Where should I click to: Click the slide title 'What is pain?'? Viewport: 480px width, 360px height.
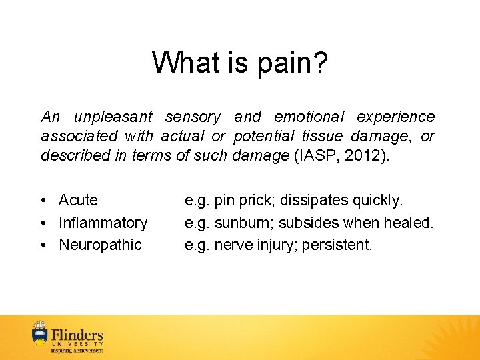tap(240, 63)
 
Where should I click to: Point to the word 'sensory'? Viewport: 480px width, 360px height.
tap(193, 117)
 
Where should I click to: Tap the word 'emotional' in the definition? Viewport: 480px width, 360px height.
tap(309, 117)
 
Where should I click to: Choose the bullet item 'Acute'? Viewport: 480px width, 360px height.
tap(78, 201)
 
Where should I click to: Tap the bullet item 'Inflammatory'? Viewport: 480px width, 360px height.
tap(103, 223)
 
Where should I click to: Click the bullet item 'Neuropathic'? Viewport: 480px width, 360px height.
tap(100, 245)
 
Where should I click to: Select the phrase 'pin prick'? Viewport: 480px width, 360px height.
tap(237, 201)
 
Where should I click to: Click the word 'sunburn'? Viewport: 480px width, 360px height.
tap(237, 223)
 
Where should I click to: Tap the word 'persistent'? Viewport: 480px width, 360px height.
tap(337, 245)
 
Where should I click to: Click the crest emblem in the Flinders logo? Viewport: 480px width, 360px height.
tap(40, 335)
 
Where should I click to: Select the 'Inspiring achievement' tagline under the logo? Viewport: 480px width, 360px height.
tap(77, 350)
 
